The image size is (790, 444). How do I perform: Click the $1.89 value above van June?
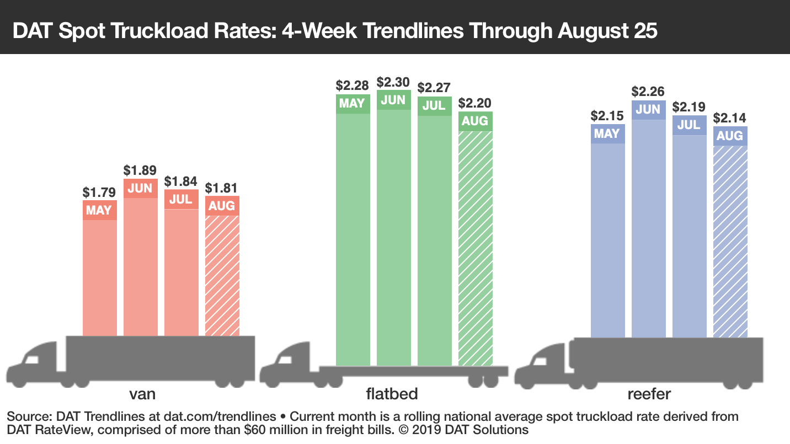point(140,170)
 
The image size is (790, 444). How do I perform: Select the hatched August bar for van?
point(222,276)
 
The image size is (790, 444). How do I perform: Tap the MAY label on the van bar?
point(99,210)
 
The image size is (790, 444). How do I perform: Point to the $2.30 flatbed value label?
point(393,82)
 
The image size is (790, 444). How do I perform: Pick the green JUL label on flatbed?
point(434,106)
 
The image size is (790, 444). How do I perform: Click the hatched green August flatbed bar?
point(475,248)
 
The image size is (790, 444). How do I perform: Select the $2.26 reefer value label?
point(648,92)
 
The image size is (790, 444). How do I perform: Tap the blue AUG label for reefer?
point(730,136)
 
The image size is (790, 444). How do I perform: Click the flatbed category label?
point(392,394)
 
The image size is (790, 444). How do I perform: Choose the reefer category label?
point(649,394)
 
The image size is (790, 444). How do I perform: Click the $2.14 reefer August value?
point(730,118)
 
